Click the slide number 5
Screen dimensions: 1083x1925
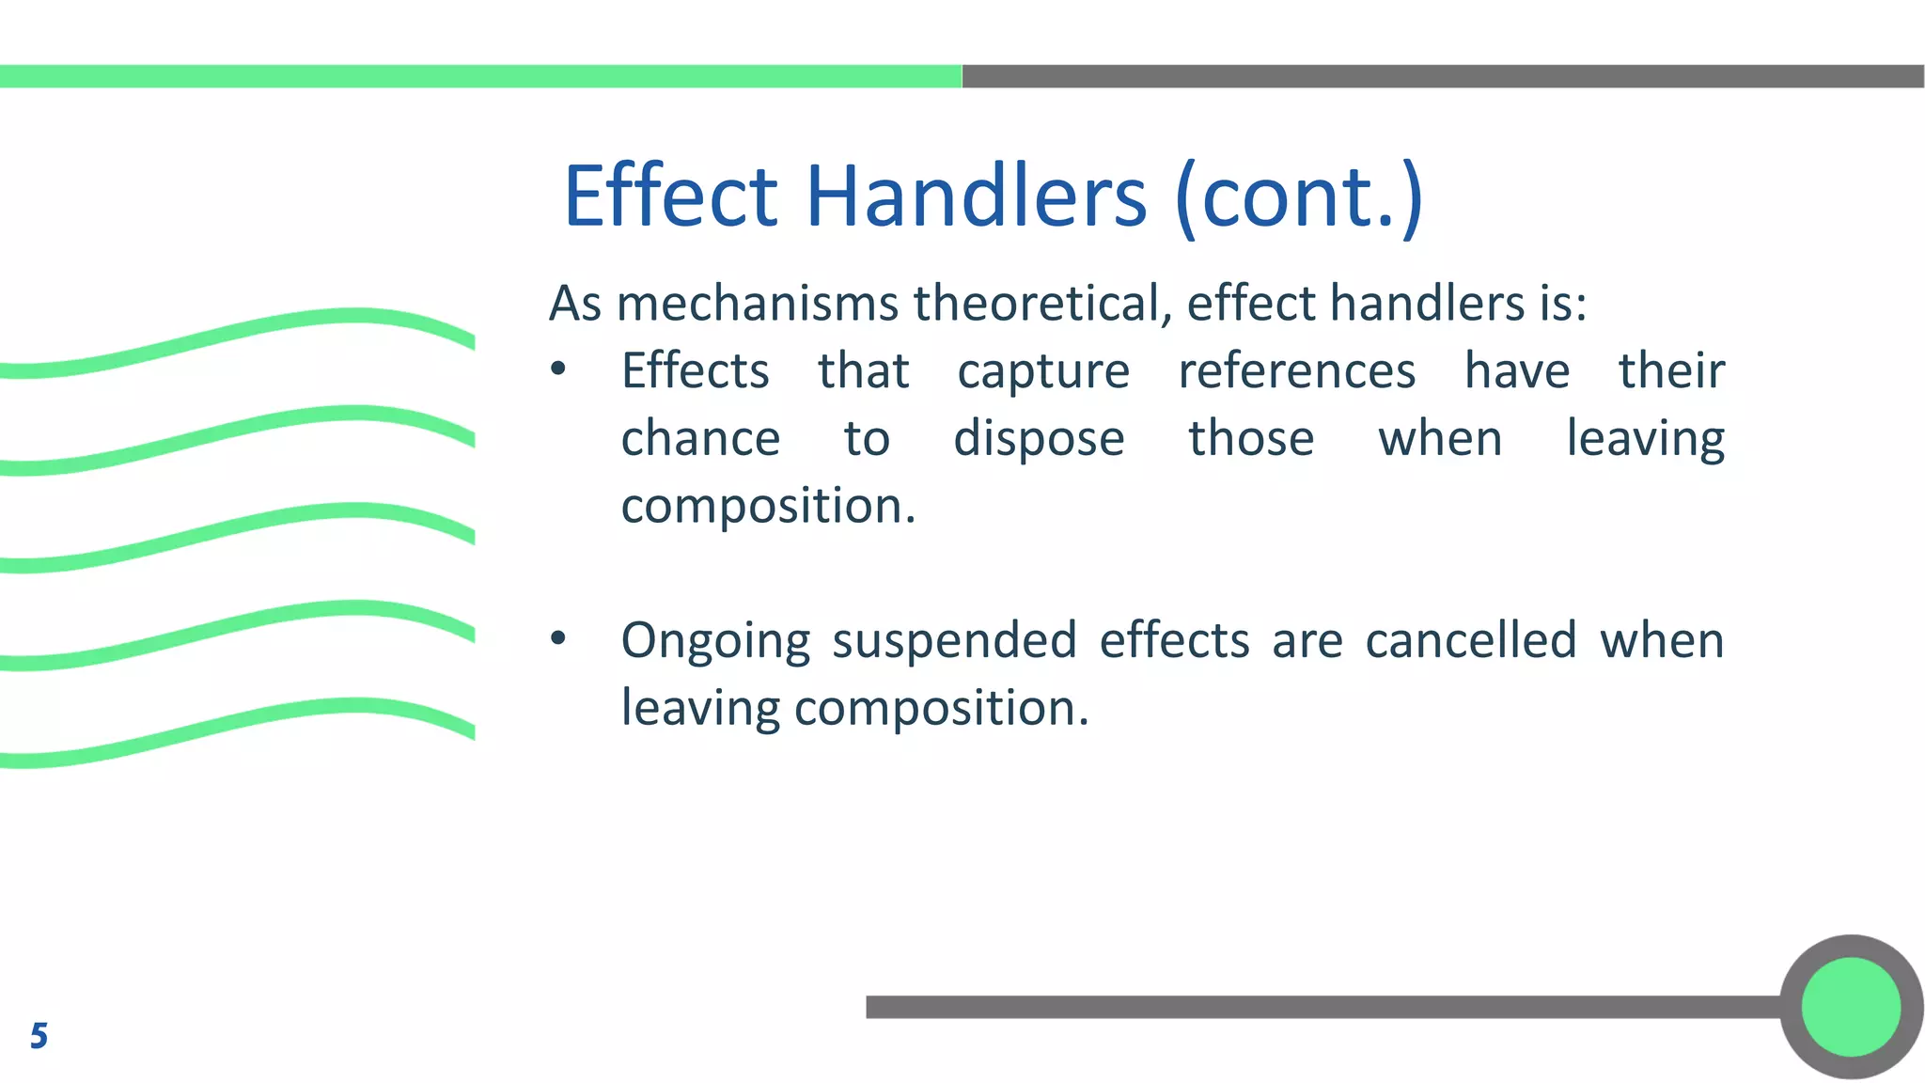39,1036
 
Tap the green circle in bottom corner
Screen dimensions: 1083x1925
1850,1007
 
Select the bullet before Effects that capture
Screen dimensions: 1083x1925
558,369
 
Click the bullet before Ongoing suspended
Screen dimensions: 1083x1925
558,639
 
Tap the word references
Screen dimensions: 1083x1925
1296,370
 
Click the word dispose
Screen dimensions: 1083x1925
1039,439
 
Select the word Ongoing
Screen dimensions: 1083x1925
715,642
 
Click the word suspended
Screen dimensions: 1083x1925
954,642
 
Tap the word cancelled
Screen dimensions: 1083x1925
1470,640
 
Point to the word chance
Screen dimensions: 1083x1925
700,439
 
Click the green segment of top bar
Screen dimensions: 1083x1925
479,76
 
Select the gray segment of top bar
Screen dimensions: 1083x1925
1443,76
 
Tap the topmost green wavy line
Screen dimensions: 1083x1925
235,337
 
